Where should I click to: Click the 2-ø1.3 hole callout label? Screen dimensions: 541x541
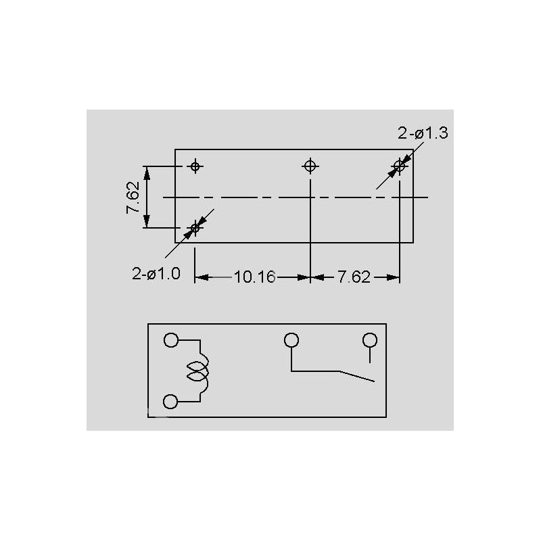[423, 133]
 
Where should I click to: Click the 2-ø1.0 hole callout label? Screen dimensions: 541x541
[156, 274]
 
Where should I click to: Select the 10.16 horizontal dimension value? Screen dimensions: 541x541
[255, 277]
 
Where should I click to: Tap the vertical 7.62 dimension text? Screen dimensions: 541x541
[133, 197]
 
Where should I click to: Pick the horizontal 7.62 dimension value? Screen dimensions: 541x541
[354, 277]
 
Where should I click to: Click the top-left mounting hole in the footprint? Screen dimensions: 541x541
[195, 166]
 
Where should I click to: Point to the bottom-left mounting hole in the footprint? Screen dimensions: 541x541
[195, 228]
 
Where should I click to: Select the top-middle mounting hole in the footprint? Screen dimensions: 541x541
[310, 166]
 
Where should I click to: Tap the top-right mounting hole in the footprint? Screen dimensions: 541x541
[399, 166]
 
